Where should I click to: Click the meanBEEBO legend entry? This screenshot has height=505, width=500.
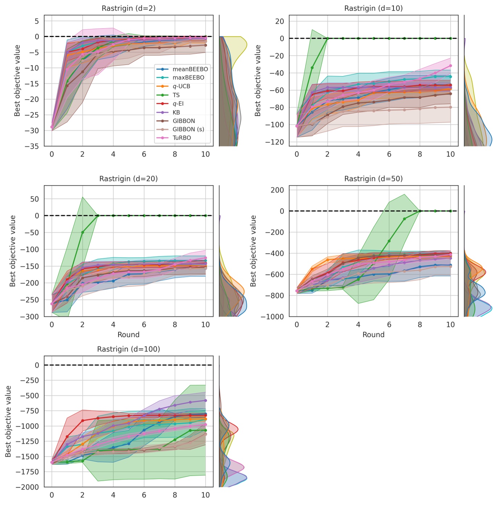pyautogui.click(x=190, y=69)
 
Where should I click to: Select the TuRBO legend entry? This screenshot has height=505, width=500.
pyautogui.click(x=182, y=138)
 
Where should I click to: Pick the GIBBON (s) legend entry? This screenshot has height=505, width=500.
pyautogui.click(x=188, y=129)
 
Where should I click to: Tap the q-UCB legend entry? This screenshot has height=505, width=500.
pyautogui.click(x=181, y=86)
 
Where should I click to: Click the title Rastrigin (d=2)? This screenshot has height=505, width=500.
pyautogui.click(x=129, y=8)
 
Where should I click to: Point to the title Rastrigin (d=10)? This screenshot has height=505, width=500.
pyautogui.click(x=374, y=8)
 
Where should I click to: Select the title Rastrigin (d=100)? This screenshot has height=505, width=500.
pyautogui.click(x=129, y=349)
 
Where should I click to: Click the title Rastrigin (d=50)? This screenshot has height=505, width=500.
pyautogui.click(x=374, y=179)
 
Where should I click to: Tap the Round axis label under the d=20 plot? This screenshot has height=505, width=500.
pyautogui.click(x=129, y=334)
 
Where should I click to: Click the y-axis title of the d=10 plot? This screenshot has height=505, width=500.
pyautogui.click(x=258, y=80)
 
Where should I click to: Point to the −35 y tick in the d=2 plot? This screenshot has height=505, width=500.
pyautogui.click(x=32, y=146)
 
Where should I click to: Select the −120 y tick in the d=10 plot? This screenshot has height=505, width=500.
pyautogui.click(x=274, y=142)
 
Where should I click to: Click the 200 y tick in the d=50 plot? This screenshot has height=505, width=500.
pyautogui.click(x=277, y=190)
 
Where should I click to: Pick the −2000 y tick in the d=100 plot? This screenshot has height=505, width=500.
pyautogui.click(x=27, y=487)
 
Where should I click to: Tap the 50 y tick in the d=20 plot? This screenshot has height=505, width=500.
pyautogui.click(x=34, y=199)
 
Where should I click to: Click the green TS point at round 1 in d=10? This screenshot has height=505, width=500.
pyautogui.click(x=312, y=67)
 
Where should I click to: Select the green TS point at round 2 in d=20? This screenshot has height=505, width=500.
pyautogui.click(x=83, y=232)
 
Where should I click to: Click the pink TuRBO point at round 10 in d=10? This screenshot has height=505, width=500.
pyautogui.click(x=450, y=66)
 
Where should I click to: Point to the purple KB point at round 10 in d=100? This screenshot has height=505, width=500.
pyautogui.click(x=205, y=400)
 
